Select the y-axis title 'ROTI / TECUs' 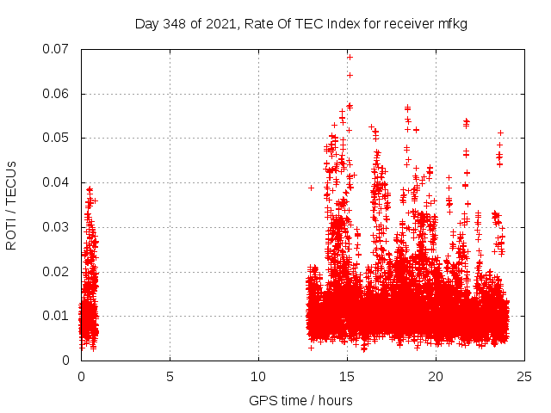11,205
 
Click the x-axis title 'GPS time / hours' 300,400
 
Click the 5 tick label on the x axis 170,376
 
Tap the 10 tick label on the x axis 258,376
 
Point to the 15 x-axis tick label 347,376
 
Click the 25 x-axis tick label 524,376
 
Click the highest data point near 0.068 350,57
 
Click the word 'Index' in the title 343,23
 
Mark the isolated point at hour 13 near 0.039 312,187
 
